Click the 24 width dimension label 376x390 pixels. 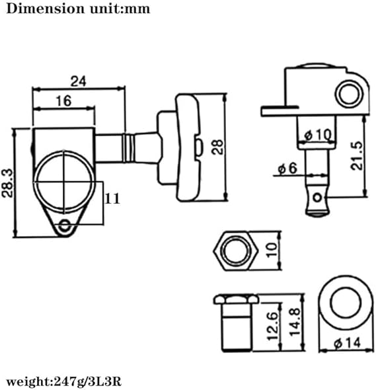78,81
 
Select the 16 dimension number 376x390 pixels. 64,101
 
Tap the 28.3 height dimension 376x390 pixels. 7,183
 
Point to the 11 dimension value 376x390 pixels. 112,198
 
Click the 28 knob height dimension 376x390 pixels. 217,147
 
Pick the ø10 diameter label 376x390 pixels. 318,135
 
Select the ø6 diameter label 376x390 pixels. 287,168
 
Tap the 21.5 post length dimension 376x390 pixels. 357,156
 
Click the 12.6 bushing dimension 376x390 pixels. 272,326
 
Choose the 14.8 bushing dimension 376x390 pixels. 295,322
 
